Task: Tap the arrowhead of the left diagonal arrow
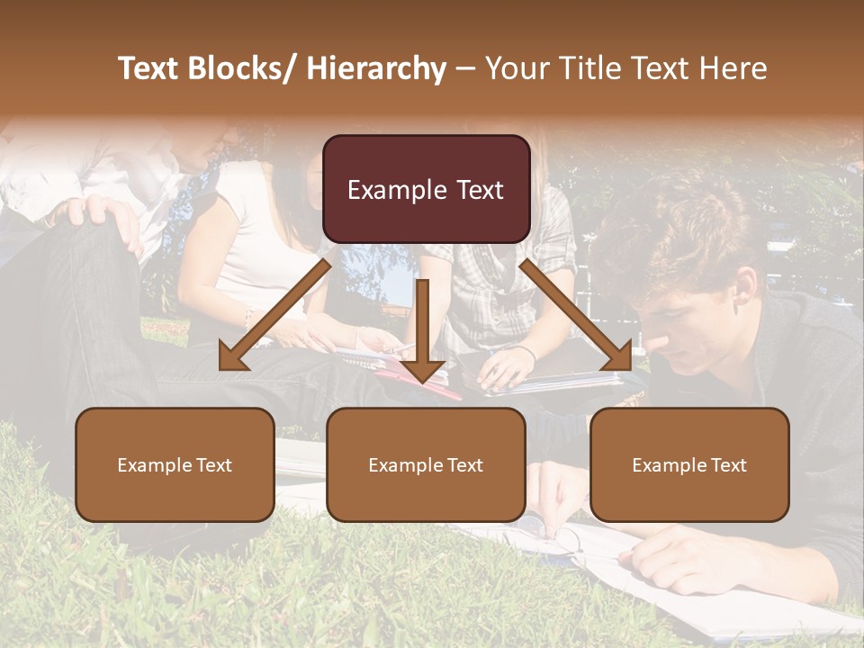(x=233, y=358)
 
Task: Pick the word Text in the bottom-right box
(x=729, y=465)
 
